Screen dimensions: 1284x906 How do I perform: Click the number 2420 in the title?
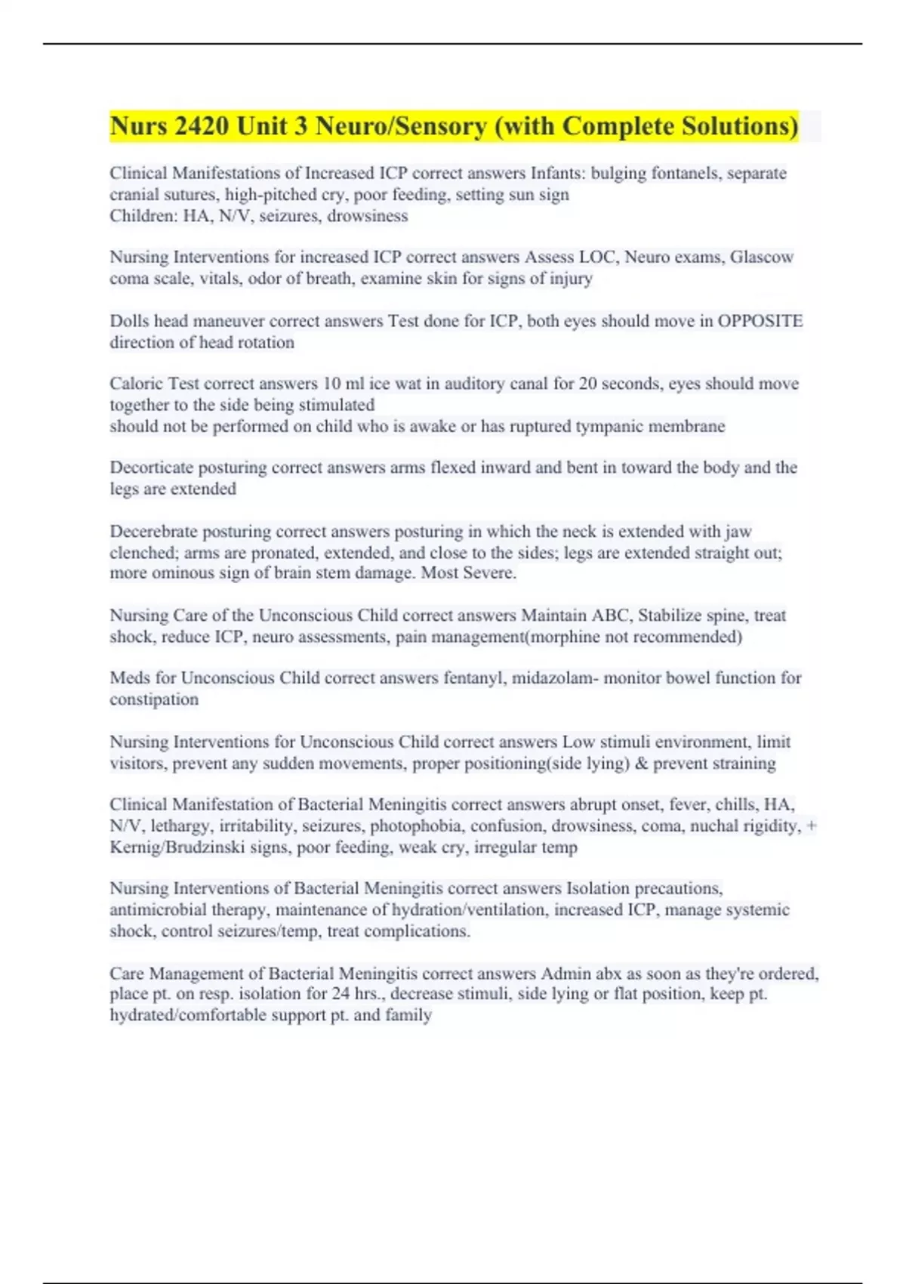[x=202, y=126]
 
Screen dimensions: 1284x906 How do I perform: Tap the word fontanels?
[x=683, y=173]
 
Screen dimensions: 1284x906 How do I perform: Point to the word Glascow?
[x=761, y=257]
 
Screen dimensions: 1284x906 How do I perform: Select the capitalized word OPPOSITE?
[x=760, y=321]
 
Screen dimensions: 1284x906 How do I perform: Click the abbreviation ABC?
[x=611, y=616]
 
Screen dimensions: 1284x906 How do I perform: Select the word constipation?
[x=154, y=699]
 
